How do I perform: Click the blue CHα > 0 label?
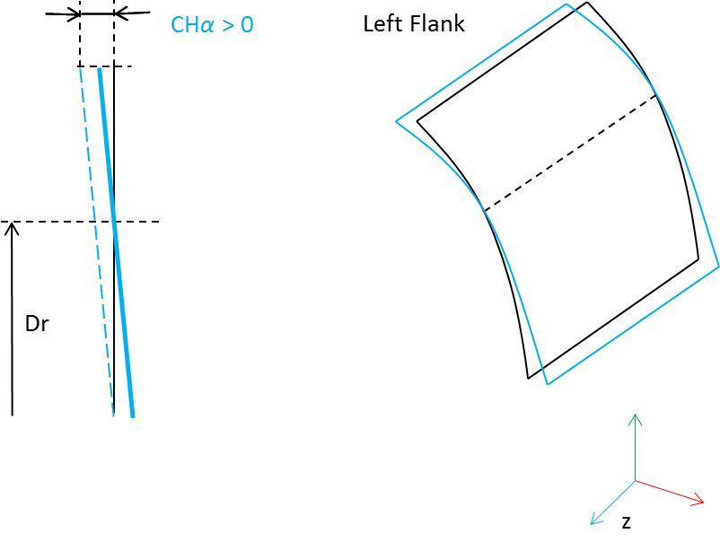click(212, 25)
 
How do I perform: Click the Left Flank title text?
click(414, 24)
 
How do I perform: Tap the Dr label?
click(37, 324)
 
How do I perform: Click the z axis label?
click(626, 522)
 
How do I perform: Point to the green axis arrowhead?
click(635, 418)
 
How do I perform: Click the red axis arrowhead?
click(698, 500)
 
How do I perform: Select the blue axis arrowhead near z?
click(594, 520)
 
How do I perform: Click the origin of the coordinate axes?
click(635, 481)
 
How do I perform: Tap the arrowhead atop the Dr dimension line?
click(12, 227)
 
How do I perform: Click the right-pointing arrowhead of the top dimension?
click(75, 14)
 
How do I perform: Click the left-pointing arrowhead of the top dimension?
click(120, 14)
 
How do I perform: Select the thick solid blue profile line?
click(116, 243)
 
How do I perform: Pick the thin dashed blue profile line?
click(96, 242)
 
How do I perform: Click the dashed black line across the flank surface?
click(570, 153)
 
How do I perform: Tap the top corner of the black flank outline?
click(587, 3)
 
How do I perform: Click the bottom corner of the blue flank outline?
click(548, 384)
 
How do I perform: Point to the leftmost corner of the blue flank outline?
click(396, 122)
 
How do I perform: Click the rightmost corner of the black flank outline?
click(698, 260)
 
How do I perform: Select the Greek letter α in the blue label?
click(206, 26)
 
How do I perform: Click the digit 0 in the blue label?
click(247, 25)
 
